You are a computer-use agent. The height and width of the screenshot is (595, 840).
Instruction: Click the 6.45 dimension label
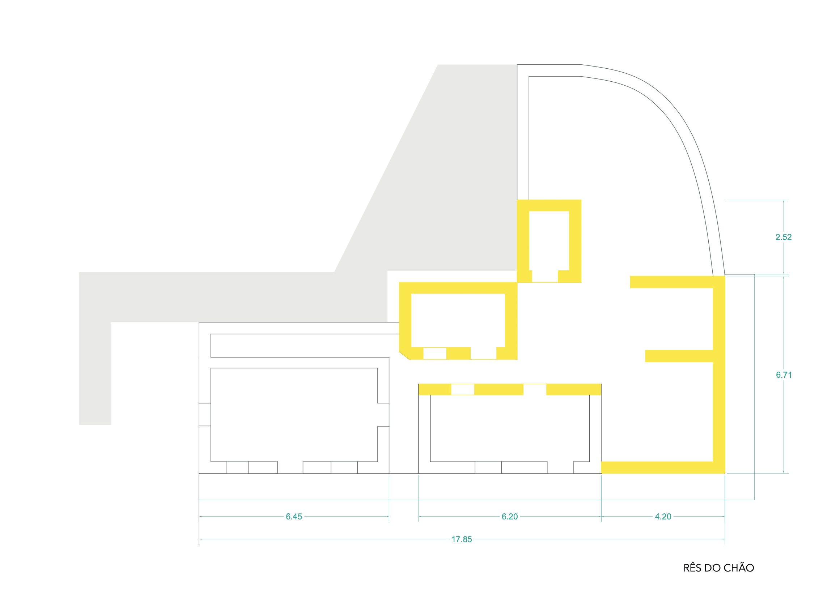pyautogui.click(x=294, y=517)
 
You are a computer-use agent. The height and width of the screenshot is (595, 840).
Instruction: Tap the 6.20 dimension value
pyautogui.click(x=509, y=517)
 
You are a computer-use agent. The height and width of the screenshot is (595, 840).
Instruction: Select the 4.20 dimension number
pyautogui.click(x=662, y=517)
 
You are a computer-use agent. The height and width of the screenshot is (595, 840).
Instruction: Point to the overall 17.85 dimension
pyautogui.click(x=461, y=539)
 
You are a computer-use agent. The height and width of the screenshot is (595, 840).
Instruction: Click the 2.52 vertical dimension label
pyautogui.click(x=783, y=237)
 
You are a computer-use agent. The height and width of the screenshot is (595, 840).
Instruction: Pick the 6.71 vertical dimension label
pyautogui.click(x=784, y=375)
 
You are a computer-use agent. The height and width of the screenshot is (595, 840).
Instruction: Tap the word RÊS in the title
pyautogui.click(x=692, y=568)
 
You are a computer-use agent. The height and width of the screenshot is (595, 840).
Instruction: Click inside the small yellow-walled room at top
pyautogui.click(x=548, y=240)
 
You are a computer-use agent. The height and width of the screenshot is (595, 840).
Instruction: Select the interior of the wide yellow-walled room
pyautogui.click(x=458, y=320)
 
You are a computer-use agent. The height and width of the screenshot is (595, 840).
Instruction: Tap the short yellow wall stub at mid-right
pyautogui.click(x=678, y=356)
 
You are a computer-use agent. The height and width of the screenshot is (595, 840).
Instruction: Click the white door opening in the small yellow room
pyautogui.click(x=544, y=276)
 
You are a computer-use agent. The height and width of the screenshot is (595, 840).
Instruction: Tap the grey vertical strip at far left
pyautogui.click(x=94, y=367)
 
